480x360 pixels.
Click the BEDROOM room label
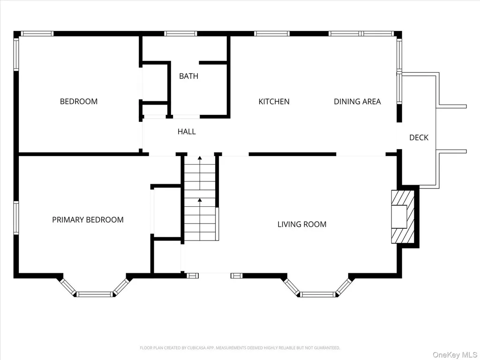[79, 101]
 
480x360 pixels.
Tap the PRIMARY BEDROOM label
[88, 220]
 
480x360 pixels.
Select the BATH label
[188, 76]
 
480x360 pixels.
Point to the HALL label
[187, 132]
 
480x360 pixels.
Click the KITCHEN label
[274, 101]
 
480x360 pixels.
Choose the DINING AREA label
[357, 101]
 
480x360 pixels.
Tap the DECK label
[419, 137]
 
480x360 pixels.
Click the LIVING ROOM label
[302, 225]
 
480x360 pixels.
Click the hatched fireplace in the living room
[403, 217]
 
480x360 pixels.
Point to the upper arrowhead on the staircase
[200, 158]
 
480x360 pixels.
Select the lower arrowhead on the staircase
[200, 200]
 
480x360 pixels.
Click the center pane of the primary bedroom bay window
[95, 294]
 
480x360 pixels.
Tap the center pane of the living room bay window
[318, 294]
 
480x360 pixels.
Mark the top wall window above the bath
[180, 34]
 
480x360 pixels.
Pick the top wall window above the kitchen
[271, 34]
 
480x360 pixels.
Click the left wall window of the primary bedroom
[16, 217]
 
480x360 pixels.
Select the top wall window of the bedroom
[37, 34]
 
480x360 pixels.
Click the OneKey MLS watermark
[455, 355]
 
